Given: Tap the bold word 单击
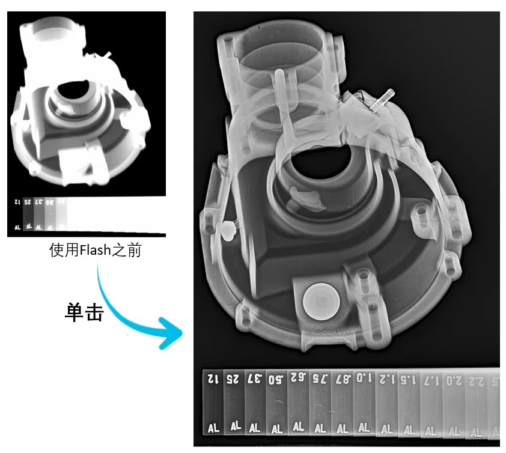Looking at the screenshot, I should (x=84, y=312).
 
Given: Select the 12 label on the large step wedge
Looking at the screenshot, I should (x=213, y=379).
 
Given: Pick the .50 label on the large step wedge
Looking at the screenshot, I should (x=276, y=379).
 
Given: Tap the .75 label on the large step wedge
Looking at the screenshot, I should (x=321, y=379).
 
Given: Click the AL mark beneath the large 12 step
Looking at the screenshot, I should (x=213, y=428).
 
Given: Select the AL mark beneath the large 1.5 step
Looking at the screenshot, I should (x=409, y=430).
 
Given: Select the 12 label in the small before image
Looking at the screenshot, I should (x=16, y=202).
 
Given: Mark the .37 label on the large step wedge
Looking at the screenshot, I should (x=255, y=378).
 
